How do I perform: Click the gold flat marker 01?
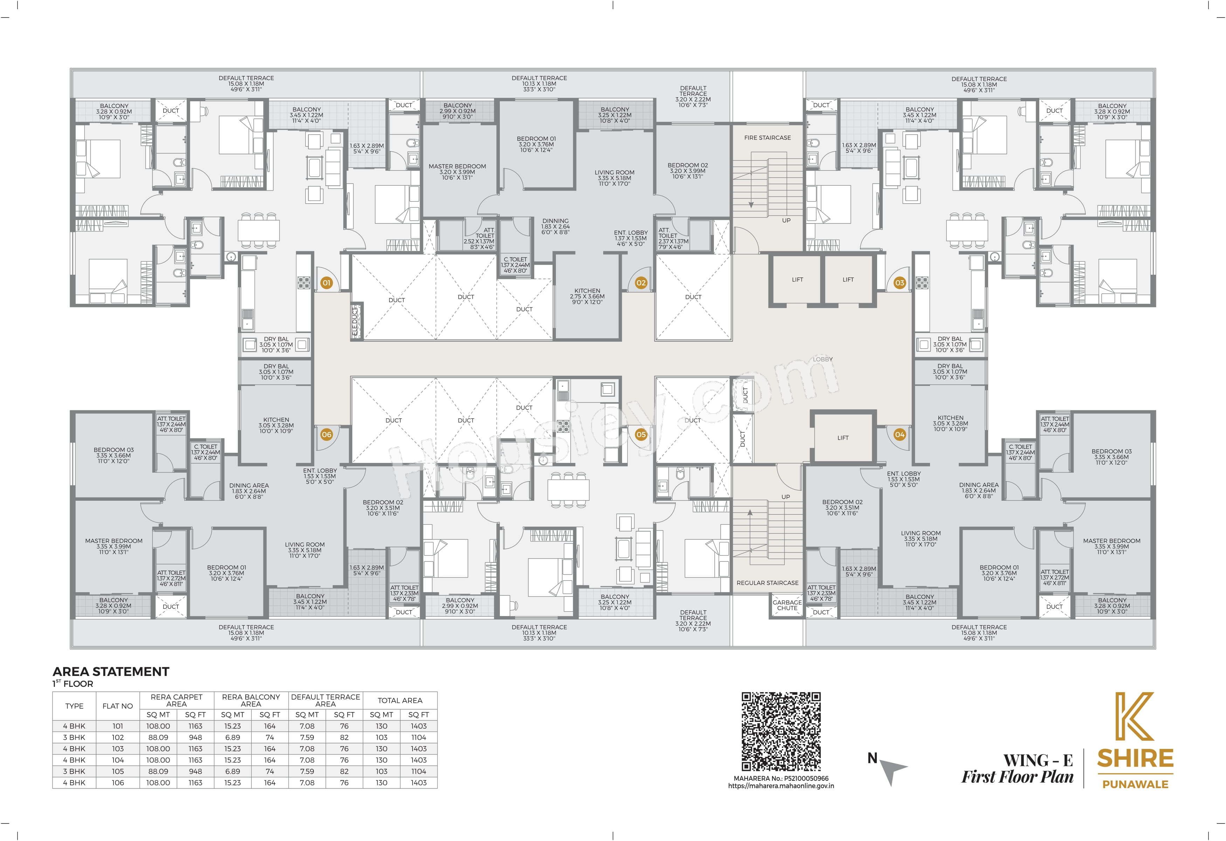[x=326, y=283]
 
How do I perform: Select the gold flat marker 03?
[x=900, y=283]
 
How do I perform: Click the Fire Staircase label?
[x=767, y=138]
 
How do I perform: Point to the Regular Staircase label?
[x=767, y=583]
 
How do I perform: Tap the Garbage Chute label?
[x=787, y=605]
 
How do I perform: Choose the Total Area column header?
[x=400, y=700]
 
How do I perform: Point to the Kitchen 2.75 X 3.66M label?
[x=587, y=296]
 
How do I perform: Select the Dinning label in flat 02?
[x=556, y=221]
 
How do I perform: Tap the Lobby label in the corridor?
[x=822, y=359]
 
